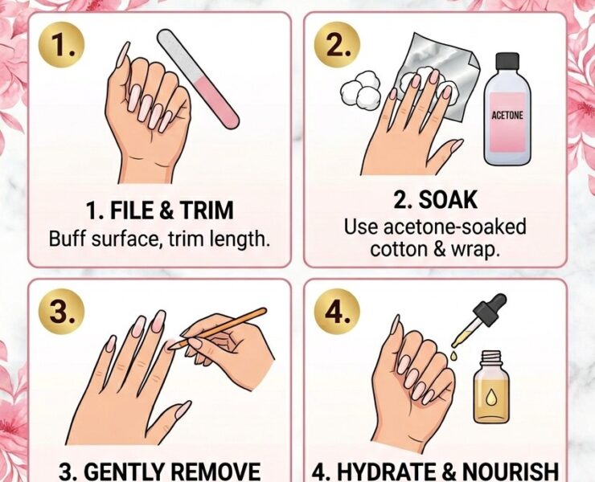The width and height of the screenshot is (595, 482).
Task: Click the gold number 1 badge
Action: pos(61,46)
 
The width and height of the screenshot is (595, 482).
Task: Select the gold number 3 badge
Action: pos(61,311)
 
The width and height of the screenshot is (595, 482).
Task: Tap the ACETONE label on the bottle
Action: pos(507,116)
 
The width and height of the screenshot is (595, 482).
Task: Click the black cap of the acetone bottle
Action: pos(507,62)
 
